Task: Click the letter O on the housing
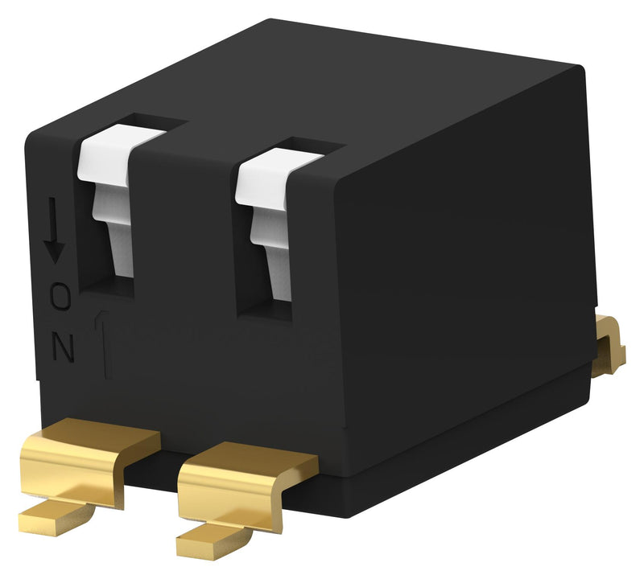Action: (x=61, y=297)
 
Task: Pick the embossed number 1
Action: (x=104, y=346)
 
